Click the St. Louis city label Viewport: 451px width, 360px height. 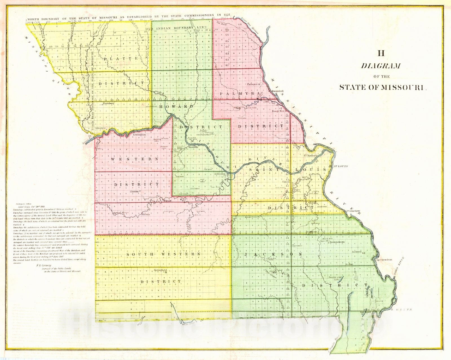341,166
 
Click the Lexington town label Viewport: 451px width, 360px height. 139,135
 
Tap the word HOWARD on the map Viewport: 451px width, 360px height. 176,107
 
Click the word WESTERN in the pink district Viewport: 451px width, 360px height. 134,159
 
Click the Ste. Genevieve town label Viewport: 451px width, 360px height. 354,210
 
